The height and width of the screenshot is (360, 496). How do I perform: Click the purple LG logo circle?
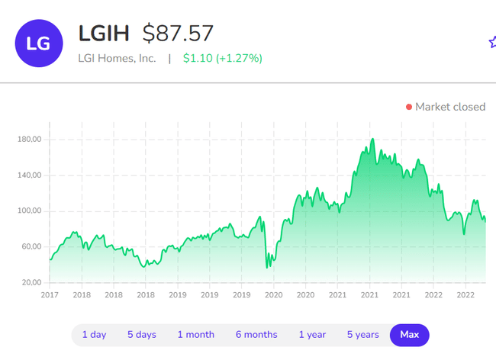38,43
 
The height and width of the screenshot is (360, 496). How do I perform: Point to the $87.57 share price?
178,34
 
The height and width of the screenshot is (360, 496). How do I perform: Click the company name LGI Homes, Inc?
117,58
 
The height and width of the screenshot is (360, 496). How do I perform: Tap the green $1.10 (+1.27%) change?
223,58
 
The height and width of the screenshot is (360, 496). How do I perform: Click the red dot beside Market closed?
409,107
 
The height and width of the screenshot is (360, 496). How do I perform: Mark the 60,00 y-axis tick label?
29,246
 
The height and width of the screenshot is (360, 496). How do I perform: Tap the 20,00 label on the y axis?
29,282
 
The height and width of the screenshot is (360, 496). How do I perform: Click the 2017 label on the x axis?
50,294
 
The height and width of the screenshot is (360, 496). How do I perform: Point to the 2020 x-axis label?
305,294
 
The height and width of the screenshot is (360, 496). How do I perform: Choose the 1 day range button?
94,335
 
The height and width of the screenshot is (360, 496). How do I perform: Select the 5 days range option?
141,335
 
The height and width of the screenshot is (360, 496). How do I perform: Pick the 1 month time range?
196,335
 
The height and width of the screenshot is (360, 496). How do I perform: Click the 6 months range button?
256,335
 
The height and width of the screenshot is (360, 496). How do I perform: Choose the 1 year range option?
311,335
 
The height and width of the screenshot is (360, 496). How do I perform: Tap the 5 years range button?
362,335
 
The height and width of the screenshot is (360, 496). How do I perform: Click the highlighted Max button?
410,335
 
